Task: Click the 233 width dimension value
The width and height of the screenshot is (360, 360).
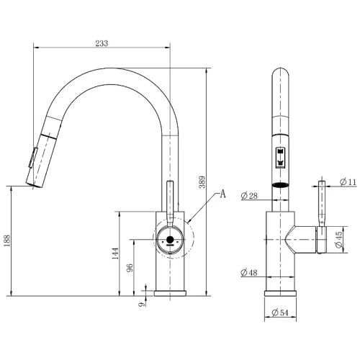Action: click(x=102, y=43)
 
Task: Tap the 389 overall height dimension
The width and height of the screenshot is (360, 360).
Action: click(x=202, y=182)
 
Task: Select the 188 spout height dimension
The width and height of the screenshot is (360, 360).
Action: click(x=7, y=240)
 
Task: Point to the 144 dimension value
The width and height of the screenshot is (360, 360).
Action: click(x=115, y=253)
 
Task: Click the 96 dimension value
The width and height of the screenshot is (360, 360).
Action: click(x=130, y=268)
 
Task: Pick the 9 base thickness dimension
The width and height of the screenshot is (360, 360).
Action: click(x=142, y=305)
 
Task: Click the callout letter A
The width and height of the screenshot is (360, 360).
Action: click(x=223, y=194)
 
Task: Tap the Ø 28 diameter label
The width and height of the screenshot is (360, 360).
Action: click(x=249, y=196)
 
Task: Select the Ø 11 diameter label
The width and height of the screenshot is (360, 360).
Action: click(x=348, y=182)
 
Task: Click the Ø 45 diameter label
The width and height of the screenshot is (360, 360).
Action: click(x=338, y=240)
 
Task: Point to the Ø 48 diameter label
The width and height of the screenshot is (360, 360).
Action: click(x=249, y=273)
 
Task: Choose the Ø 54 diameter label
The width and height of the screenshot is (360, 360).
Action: click(x=280, y=312)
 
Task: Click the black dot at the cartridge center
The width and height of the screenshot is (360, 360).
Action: click(x=170, y=240)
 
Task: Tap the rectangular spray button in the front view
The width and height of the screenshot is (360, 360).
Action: click(x=280, y=157)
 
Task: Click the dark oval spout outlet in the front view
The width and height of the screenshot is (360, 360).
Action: click(x=280, y=185)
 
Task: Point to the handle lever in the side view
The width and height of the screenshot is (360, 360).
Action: click(x=322, y=204)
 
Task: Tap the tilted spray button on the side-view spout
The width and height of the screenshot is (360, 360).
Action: click(x=33, y=158)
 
